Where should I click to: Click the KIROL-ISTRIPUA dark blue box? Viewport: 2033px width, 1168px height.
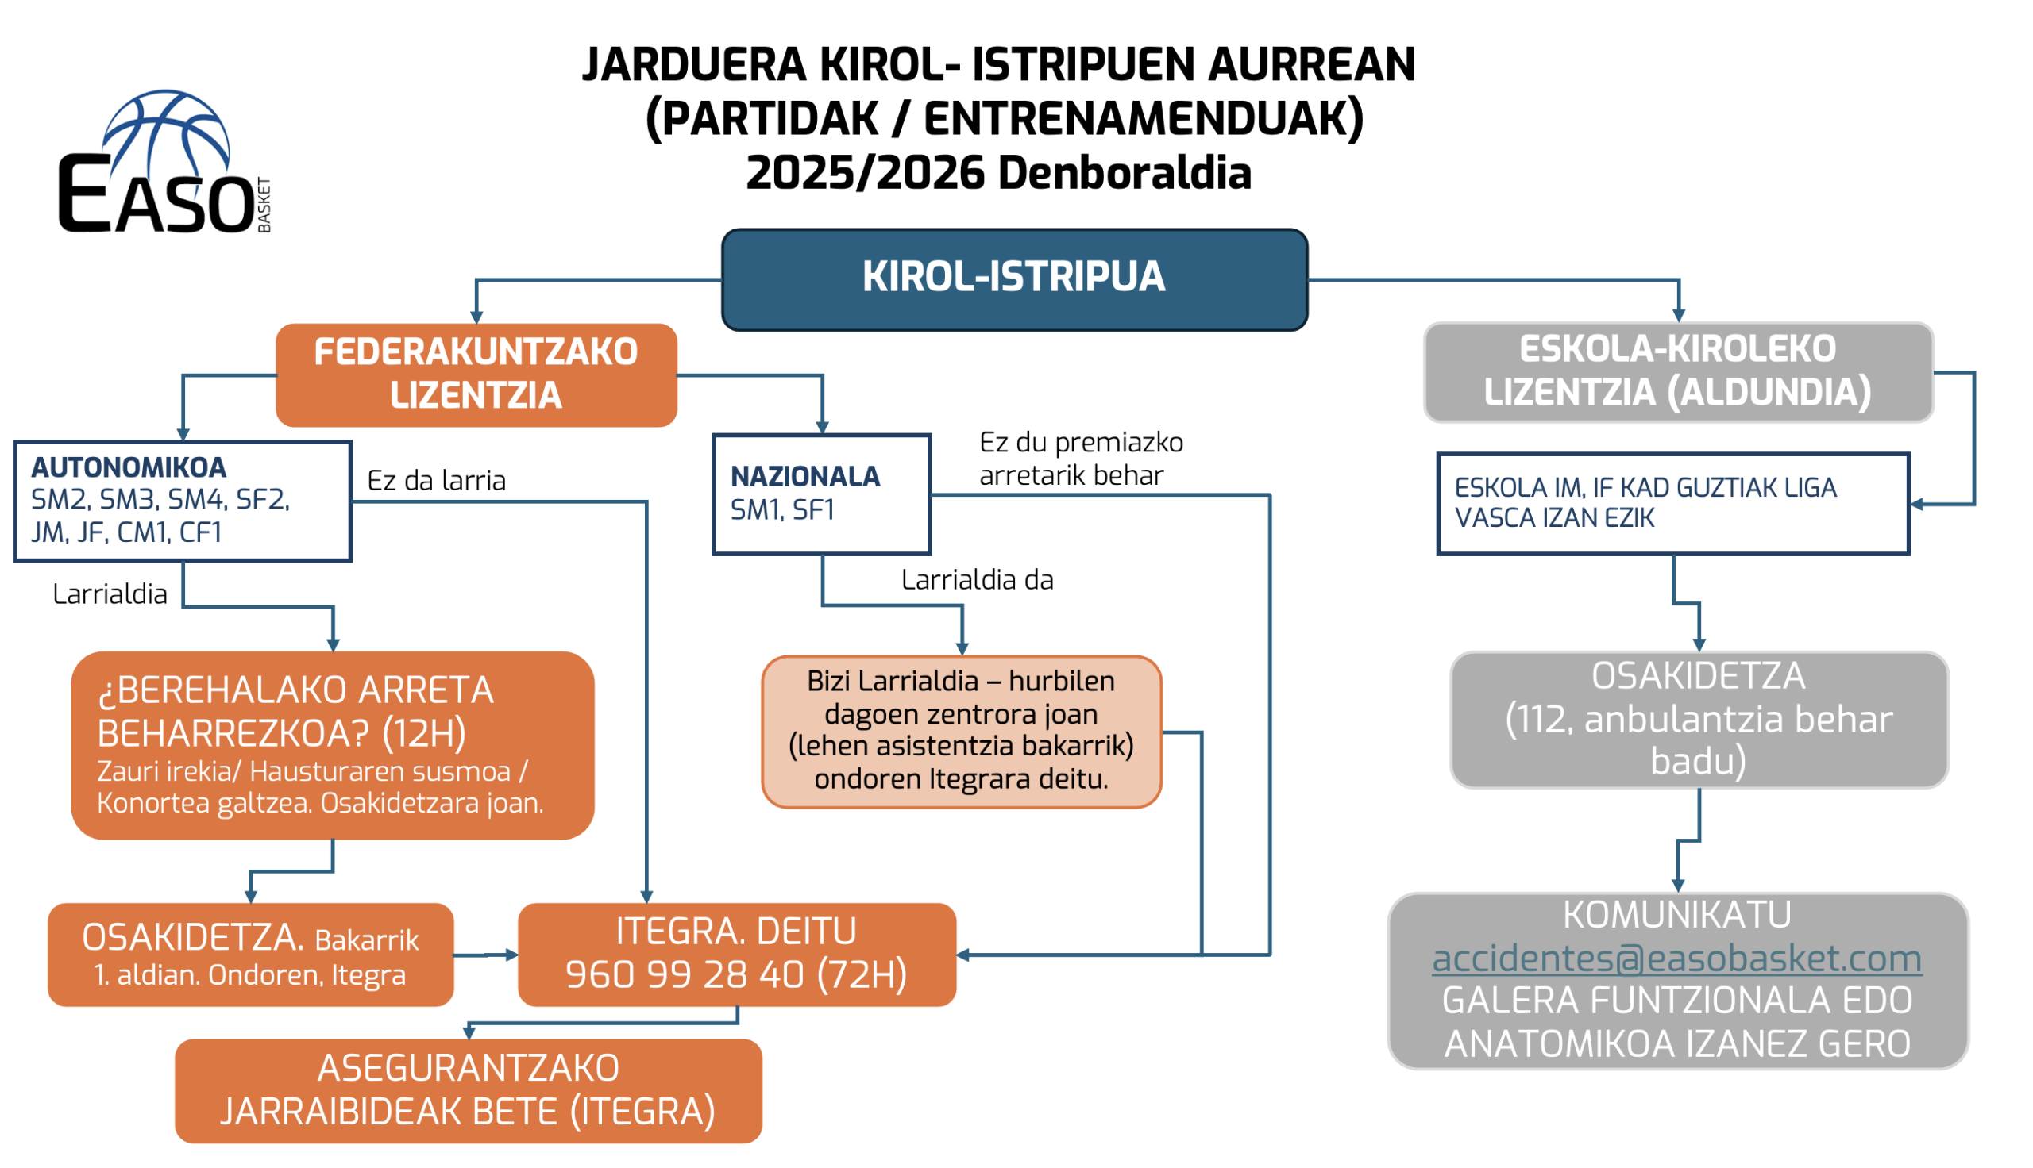(x=1014, y=279)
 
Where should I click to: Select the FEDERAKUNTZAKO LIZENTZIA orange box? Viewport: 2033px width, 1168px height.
(x=476, y=375)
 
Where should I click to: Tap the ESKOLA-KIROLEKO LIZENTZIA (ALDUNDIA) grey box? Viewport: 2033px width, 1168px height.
(x=1678, y=372)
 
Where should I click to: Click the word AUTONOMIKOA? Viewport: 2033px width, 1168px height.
(x=129, y=467)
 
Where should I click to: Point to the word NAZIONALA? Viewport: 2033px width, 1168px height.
(x=805, y=477)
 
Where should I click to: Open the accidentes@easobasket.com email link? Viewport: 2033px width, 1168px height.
(x=1676, y=959)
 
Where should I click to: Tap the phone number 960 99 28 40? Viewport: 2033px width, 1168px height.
(x=685, y=974)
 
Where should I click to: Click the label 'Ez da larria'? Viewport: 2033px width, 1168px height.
(x=437, y=481)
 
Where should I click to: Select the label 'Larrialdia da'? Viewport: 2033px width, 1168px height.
(x=977, y=579)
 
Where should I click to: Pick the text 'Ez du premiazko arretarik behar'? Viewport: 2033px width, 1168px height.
(x=1081, y=459)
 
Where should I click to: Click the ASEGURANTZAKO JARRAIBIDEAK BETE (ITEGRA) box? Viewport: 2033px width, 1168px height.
(x=468, y=1091)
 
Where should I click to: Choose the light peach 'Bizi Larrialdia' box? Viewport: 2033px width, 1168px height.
(x=962, y=732)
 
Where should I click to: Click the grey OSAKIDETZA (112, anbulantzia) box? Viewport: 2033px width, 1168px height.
(x=1699, y=720)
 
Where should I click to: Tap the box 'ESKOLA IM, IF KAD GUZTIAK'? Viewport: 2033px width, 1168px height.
(x=1672, y=504)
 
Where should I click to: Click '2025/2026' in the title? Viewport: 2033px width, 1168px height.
(x=865, y=173)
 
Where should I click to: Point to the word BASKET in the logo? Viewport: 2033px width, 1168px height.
(x=264, y=206)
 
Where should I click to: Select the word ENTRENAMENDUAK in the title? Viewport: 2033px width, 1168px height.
(x=1135, y=119)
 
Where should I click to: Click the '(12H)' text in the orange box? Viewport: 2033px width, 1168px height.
(x=424, y=733)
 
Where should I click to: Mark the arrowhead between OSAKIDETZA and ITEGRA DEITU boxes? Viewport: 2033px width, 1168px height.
(x=512, y=955)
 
